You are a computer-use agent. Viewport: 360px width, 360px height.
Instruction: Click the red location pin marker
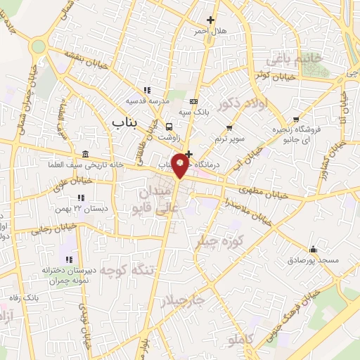point(181,164)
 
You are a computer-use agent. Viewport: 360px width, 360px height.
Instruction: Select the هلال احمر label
point(211,32)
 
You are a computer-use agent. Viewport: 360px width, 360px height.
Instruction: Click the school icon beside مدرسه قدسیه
point(147,90)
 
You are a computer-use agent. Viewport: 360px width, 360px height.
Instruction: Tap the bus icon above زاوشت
point(169,127)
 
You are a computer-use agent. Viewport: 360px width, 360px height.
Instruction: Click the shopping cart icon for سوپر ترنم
point(229,127)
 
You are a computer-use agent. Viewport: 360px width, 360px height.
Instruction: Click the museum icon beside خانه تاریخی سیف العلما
point(86,154)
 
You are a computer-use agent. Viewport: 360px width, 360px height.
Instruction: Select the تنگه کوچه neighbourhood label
point(127,270)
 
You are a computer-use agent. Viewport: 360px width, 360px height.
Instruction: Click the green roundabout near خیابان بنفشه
point(38,46)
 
